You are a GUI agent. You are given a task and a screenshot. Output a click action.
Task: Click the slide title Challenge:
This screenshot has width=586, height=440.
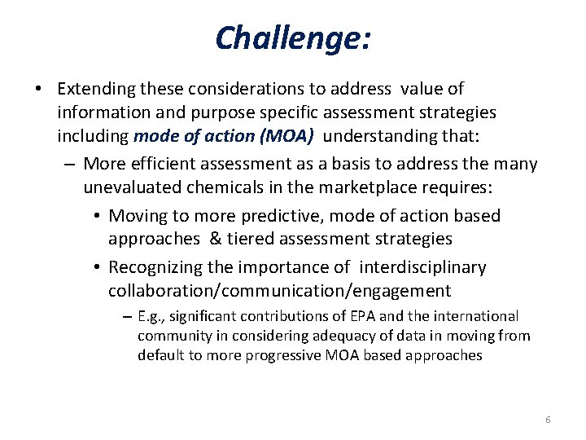[x=293, y=37]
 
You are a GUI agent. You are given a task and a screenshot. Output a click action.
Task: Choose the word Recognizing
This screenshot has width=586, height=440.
[x=158, y=267]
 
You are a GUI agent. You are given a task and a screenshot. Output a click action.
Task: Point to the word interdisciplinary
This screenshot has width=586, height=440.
[x=422, y=267]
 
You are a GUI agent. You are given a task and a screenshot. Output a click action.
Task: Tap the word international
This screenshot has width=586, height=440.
[x=475, y=315]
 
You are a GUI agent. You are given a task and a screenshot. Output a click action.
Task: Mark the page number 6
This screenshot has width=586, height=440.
[x=547, y=420]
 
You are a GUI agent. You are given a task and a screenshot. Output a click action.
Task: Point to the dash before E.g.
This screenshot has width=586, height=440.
[x=127, y=315]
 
